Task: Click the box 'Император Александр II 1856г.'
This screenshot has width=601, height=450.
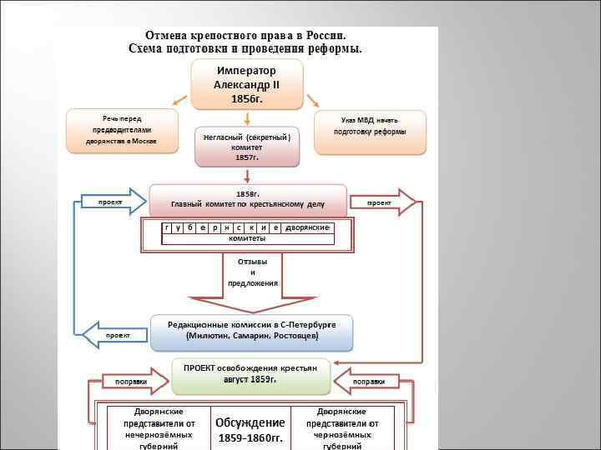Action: point(246,85)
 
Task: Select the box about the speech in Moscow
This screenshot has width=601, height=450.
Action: point(122,131)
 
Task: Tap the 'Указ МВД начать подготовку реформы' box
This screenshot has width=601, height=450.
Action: point(370,132)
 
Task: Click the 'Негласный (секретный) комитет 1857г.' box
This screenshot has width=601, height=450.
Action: point(246,147)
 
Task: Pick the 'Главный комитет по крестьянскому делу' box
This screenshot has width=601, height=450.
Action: point(247,200)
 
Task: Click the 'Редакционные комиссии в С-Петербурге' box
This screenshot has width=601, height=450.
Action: point(251,331)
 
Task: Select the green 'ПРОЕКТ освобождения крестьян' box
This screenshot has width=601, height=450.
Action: point(250,374)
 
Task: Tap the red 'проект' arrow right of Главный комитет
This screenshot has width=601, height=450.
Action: point(383,202)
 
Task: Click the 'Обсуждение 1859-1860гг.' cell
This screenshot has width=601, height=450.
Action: point(250,429)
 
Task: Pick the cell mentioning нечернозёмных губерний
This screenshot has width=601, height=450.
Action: point(159,429)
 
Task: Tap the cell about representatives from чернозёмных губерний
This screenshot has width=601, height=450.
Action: point(342,429)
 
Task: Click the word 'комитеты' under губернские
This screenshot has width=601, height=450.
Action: point(247,239)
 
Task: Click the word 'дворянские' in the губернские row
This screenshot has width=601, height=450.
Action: point(307,227)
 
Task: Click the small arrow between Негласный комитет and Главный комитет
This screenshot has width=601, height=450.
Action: point(247,176)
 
